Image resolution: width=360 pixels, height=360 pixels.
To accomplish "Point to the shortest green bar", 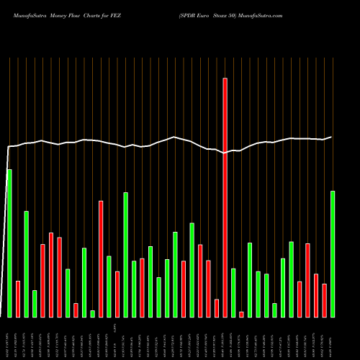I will coord(92,313).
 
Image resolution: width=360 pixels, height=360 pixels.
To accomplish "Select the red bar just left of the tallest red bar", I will coord(217,307).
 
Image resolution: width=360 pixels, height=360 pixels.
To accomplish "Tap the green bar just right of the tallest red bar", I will coord(233,292).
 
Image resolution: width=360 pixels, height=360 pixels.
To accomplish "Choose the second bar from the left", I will coord(18,298).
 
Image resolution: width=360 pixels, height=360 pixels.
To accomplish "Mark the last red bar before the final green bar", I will coord(324,300).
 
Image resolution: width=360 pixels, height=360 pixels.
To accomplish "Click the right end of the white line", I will coord(331,137).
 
